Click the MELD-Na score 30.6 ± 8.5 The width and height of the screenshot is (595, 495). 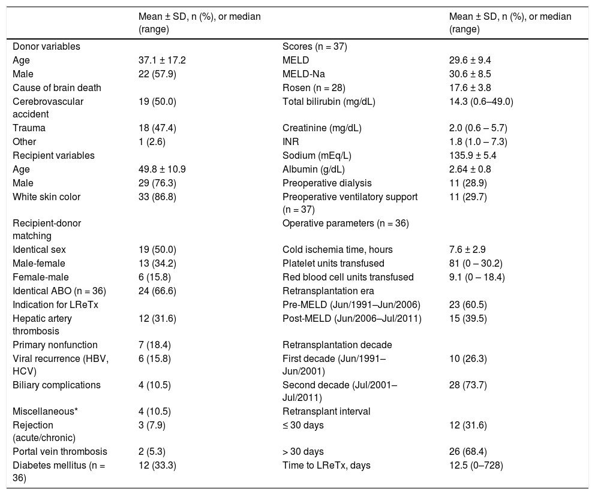pyautogui.click(x=471, y=74)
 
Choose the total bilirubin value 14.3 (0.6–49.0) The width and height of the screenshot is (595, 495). pyautogui.click(x=481, y=101)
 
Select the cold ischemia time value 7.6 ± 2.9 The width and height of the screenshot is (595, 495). pyautogui.click(x=468, y=250)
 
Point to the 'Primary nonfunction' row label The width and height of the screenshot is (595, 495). pyautogui.click(x=55, y=345)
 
